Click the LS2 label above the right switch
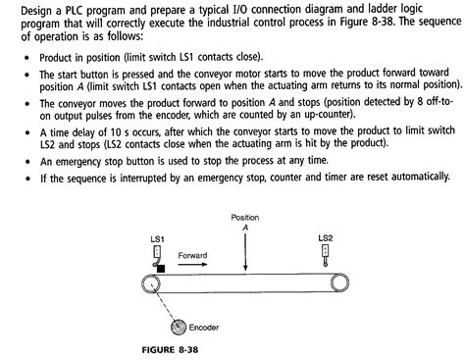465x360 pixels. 326,238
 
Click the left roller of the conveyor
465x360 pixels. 150,283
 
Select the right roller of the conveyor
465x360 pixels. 338,283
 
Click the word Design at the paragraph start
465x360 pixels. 20,8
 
